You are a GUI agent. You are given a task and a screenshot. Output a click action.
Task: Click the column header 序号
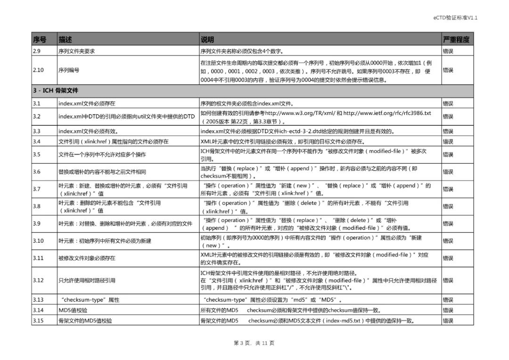pos(39,40)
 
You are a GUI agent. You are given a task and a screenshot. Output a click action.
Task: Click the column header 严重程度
pos(456,40)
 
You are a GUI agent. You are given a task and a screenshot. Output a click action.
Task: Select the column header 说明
pos(207,40)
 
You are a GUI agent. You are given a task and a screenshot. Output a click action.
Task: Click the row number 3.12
pos(38,280)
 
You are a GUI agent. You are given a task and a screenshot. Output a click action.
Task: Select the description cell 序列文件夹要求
pos(76,51)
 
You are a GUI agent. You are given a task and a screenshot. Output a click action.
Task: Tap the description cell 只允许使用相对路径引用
pos(87,280)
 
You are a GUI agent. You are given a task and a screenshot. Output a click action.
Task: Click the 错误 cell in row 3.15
pos(448,321)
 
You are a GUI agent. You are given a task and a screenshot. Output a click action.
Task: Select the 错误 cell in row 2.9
pos(448,51)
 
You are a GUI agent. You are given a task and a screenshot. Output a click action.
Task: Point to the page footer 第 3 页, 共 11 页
pos(254,343)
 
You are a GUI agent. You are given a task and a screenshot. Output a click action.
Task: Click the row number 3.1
pos(37,103)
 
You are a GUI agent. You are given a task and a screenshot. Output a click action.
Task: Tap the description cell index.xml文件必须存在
pos(87,103)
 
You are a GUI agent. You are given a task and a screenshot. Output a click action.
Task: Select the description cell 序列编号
pos(69,70)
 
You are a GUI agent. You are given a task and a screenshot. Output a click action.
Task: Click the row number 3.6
pos(37,172)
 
